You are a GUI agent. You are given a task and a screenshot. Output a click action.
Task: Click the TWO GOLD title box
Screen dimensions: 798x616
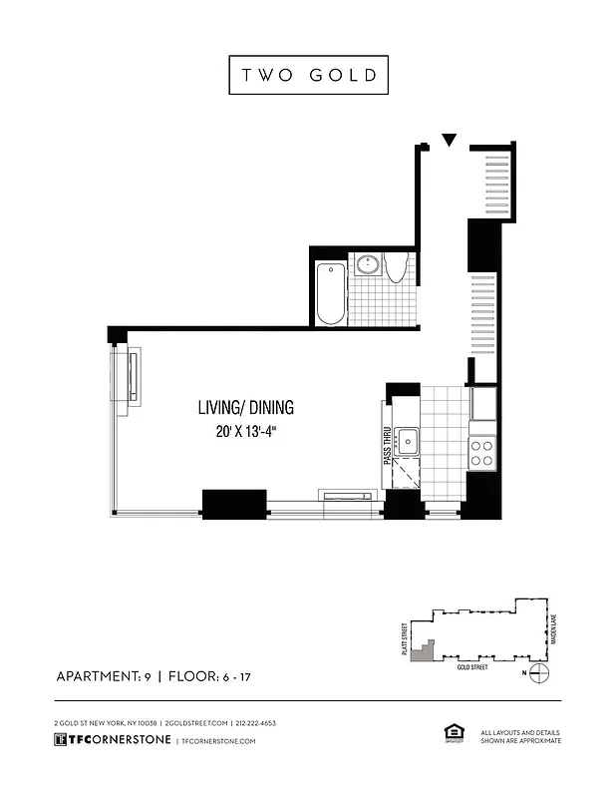308,76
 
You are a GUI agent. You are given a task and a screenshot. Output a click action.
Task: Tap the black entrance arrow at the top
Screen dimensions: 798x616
450,141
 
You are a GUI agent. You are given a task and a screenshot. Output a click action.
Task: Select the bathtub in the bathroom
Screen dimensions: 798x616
330,292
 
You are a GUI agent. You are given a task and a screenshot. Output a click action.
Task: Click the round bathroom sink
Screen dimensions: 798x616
368,264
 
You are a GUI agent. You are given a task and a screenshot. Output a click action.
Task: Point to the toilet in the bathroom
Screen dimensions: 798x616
396,266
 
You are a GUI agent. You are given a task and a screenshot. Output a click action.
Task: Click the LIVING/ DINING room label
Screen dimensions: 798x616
245,408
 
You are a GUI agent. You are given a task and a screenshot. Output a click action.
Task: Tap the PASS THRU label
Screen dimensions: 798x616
387,443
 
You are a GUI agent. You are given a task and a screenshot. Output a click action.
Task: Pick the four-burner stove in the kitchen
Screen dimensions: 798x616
481,453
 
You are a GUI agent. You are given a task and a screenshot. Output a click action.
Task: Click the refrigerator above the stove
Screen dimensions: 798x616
482,405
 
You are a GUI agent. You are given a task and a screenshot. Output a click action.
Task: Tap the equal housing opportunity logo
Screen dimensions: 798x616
451,734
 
